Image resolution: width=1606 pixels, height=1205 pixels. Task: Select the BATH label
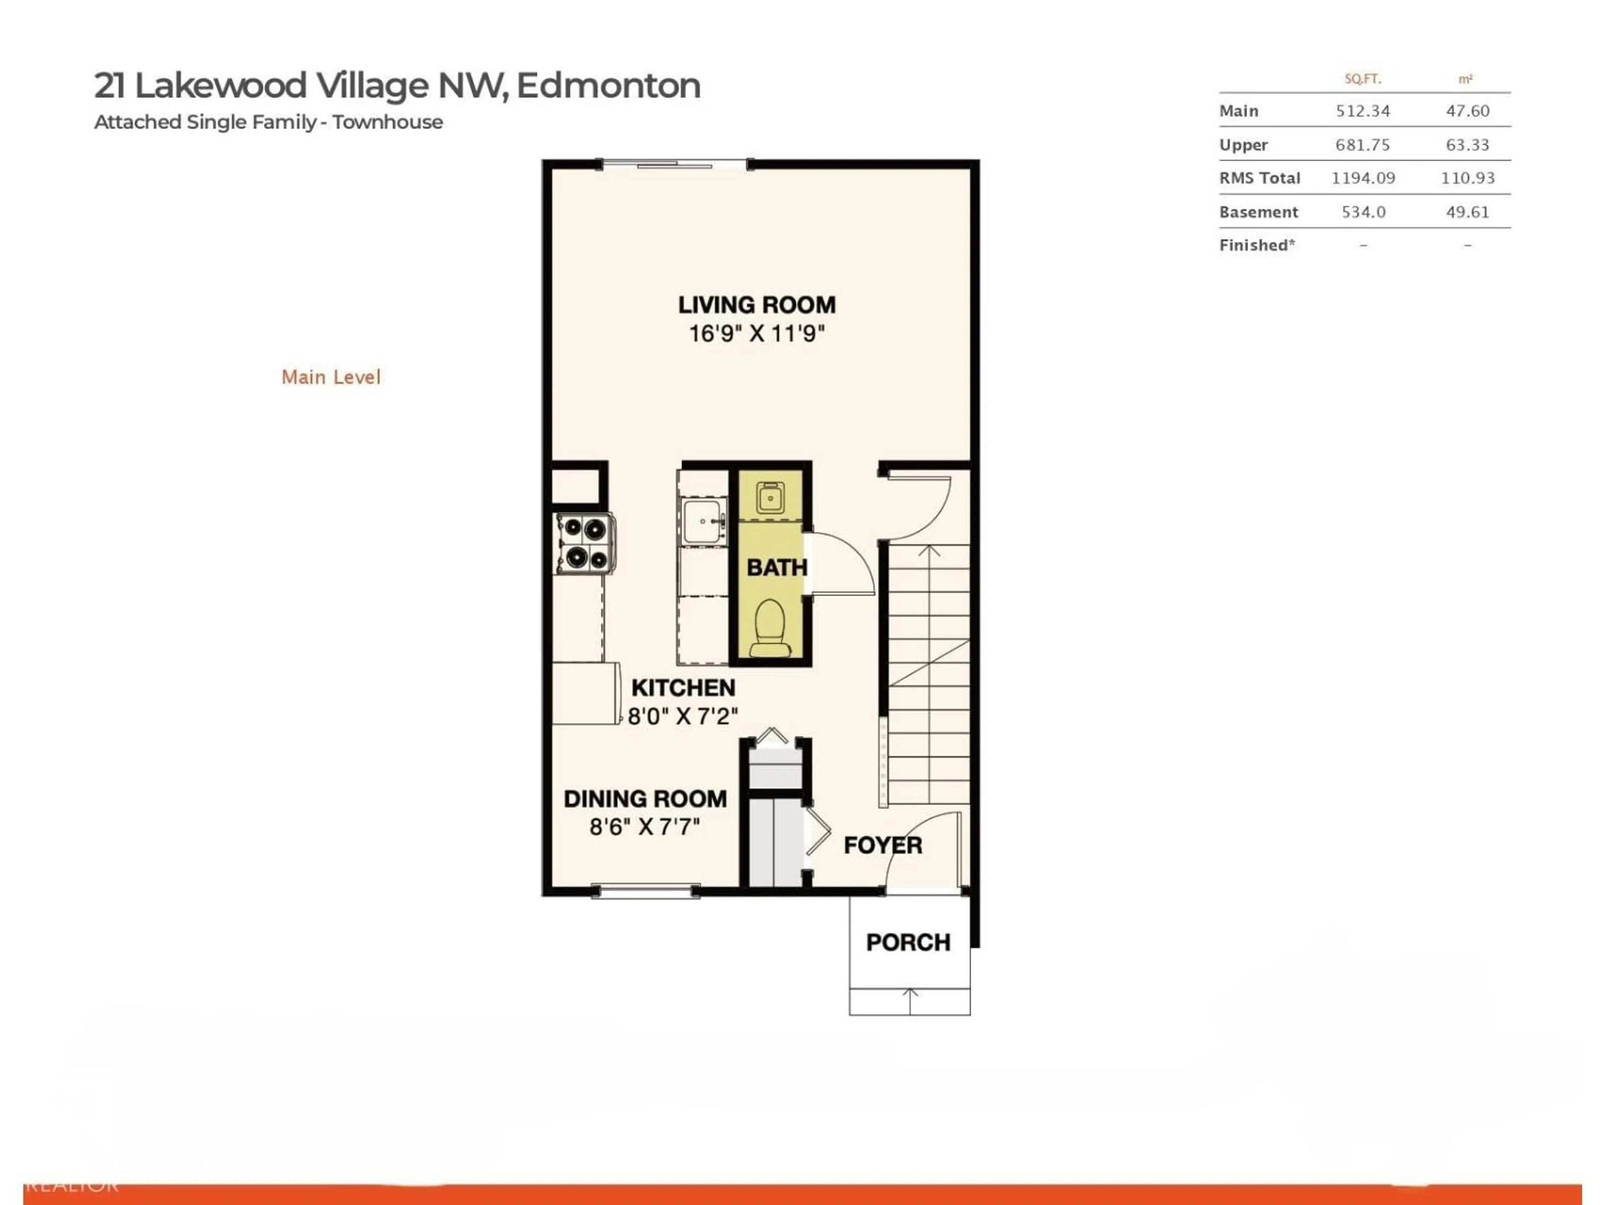(776, 567)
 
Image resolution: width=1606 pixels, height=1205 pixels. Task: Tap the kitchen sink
(702, 521)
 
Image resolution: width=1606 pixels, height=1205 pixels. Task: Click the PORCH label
(908, 943)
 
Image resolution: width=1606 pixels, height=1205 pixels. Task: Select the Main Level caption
(331, 377)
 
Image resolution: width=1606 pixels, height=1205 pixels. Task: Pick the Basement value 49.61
(1467, 212)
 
